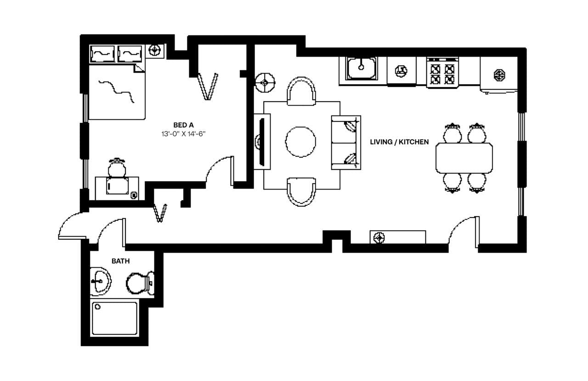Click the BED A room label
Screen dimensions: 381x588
(183, 125)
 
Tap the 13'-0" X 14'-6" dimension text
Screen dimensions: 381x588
(183, 134)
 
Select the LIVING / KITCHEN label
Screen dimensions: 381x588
(399, 142)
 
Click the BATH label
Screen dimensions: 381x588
(120, 261)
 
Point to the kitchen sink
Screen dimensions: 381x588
(361, 68)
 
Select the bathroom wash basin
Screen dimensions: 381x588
(100, 281)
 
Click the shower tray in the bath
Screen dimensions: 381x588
(114, 318)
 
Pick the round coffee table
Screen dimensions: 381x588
(301, 142)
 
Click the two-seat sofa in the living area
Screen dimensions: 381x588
(346, 142)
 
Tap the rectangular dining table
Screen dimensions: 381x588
(464, 158)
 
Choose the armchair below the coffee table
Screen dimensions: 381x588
(301, 191)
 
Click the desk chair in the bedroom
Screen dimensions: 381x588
(117, 167)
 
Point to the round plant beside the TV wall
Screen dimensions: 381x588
(265, 83)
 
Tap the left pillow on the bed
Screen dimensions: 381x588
(102, 54)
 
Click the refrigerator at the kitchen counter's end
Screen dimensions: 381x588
(498, 75)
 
